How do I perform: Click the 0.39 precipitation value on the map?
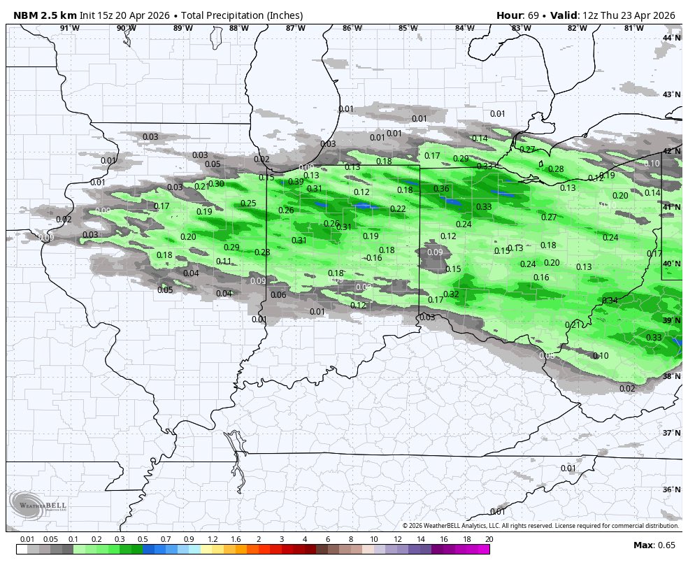[296, 182]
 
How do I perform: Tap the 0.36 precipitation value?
[441, 189]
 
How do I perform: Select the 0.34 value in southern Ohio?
[610, 301]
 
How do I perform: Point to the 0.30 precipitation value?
[216, 184]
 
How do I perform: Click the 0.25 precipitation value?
[248, 203]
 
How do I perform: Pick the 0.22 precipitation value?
[398, 209]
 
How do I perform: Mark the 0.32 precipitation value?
[451, 294]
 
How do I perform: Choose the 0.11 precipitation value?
[224, 262]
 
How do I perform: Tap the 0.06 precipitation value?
[278, 295]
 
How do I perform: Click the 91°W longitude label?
[69, 28]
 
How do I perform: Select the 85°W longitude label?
[408, 28]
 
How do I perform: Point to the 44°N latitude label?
[671, 38]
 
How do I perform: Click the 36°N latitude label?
[671, 489]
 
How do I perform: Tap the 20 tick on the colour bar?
[489, 539]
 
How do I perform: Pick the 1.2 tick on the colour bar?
[213, 539]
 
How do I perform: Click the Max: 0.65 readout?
[654, 545]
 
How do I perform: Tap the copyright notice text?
[540, 526]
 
